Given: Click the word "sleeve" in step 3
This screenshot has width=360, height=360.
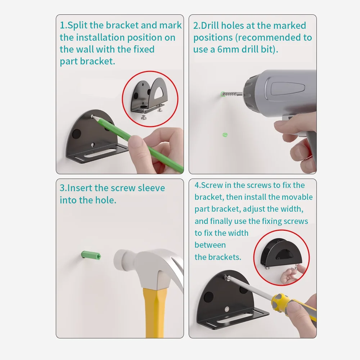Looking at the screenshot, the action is [151, 188].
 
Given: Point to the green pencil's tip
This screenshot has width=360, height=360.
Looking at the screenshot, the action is [93, 116].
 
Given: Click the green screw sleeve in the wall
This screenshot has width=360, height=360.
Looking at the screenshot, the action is [91, 255].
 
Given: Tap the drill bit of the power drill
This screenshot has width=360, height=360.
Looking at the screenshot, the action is [232, 94].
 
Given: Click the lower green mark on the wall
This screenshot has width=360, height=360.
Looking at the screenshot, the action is [225, 135].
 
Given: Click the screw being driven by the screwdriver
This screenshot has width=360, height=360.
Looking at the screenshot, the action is [228, 278].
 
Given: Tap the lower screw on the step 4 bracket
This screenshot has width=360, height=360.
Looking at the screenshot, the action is [227, 309].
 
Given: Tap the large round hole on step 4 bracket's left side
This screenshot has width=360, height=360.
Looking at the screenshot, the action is [208, 297].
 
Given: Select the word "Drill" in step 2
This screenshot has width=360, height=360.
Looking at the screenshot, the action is [210, 26].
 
